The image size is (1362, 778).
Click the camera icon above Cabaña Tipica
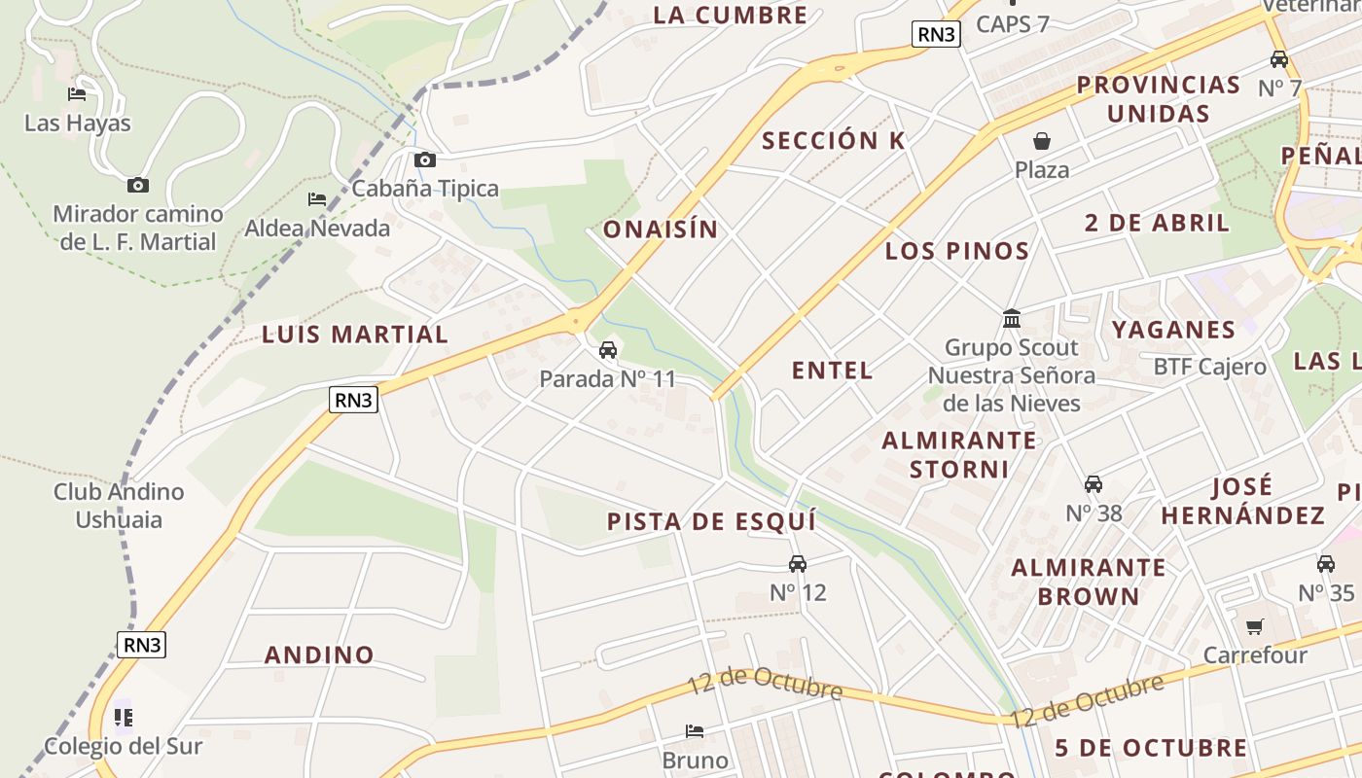pyautogui.click(x=425, y=160)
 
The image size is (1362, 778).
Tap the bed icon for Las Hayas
pyautogui.click(x=77, y=94)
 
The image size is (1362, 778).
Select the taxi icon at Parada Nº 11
pyautogui.click(x=608, y=350)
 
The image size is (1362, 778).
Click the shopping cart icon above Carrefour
pyautogui.click(x=1255, y=627)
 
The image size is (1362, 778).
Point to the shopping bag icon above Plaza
pyautogui.click(x=1042, y=141)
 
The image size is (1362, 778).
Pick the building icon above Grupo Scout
pyautogui.click(x=1012, y=319)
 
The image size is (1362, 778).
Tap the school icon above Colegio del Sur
pyautogui.click(x=123, y=718)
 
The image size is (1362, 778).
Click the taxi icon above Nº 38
pyautogui.click(x=1093, y=484)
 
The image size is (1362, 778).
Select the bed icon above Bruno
pyautogui.click(x=695, y=731)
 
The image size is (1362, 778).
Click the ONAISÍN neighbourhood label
pyautogui.click(x=661, y=230)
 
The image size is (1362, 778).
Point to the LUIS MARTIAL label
pyautogui.click(x=355, y=335)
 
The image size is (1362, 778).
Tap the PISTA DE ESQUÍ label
pyautogui.click(x=711, y=521)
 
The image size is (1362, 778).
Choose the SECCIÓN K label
pyautogui.click(x=834, y=141)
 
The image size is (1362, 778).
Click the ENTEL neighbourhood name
pyautogui.click(x=833, y=371)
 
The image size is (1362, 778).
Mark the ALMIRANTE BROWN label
pyautogui.click(x=1088, y=582)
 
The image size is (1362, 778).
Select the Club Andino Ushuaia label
pyautogui.click(x=119, y=505)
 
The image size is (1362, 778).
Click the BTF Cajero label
pyautogui.click(x=1210, y=367)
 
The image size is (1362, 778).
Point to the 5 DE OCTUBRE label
pyautogui.click(x=1151, y=748)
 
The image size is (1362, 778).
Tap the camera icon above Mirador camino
pyautogui.click(x=138, y=185)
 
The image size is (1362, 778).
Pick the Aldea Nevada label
pyautogui.click(x=317, y=229)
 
